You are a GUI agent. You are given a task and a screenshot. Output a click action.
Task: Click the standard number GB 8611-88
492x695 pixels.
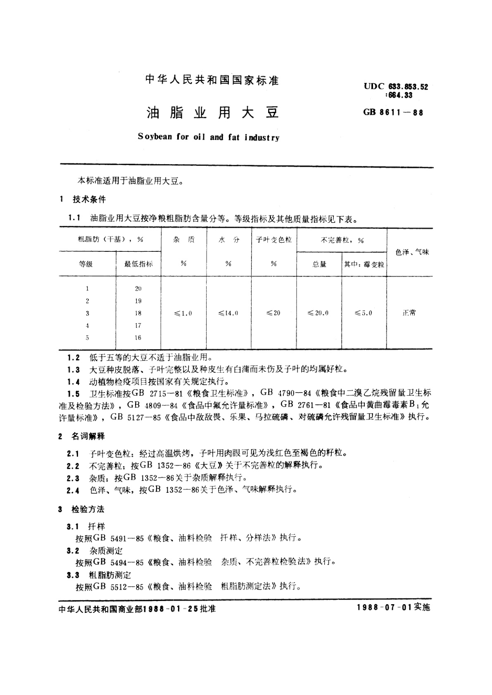pyautogui.click(x=393, y=112)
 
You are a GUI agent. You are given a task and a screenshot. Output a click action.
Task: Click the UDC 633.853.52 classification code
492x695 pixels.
pyautogui.click(x=396, y=87)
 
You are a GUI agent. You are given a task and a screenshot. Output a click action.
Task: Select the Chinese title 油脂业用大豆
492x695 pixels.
pyautogui.click(x=213, y=113)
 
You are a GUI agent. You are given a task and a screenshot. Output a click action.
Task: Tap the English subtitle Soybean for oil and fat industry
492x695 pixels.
pyautogui.click(x=209, y=137)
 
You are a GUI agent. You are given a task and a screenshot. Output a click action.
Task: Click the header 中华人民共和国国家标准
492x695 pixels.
pyautogui.click(x=212, y=80)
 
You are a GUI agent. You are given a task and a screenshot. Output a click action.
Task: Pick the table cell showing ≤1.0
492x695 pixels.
pyautogui.click(x=183, y=313)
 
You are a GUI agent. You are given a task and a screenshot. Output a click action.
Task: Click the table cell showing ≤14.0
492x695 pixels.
pyautogui.click(x=228, y=313)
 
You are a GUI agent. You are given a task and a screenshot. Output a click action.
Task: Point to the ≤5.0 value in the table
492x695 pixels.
pyautogui.click(x=363, y=313)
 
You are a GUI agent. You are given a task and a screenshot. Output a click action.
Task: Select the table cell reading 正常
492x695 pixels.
pyautogui.click(x=409, y=313)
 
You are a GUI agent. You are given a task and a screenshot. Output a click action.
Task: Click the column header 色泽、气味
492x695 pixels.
pyautogui.click(x=412, y=252)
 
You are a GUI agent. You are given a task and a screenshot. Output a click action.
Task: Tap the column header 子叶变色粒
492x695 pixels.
pyautogui.click(x=273, y=240)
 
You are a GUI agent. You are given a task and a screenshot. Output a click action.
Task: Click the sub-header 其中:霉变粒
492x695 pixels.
pyautogui.click(x=364, y=264)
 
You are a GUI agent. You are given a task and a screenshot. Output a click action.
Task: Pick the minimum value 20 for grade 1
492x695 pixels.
pyautogui.click(x=138, y=289)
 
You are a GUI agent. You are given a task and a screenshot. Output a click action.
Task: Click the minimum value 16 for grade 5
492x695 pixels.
pyautogui.click(x=138, y=338)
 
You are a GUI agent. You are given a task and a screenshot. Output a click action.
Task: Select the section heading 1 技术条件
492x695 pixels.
pyautogui.click(x=83, y=200)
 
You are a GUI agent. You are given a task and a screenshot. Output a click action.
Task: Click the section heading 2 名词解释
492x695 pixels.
pyautogui.click(x=82, y=436)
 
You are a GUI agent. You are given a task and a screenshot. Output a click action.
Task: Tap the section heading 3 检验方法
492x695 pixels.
pyautogui.click(x=81, y=509)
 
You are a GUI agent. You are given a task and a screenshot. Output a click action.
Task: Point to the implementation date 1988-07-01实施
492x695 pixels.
pyautogui.click(x=392, y=608)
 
